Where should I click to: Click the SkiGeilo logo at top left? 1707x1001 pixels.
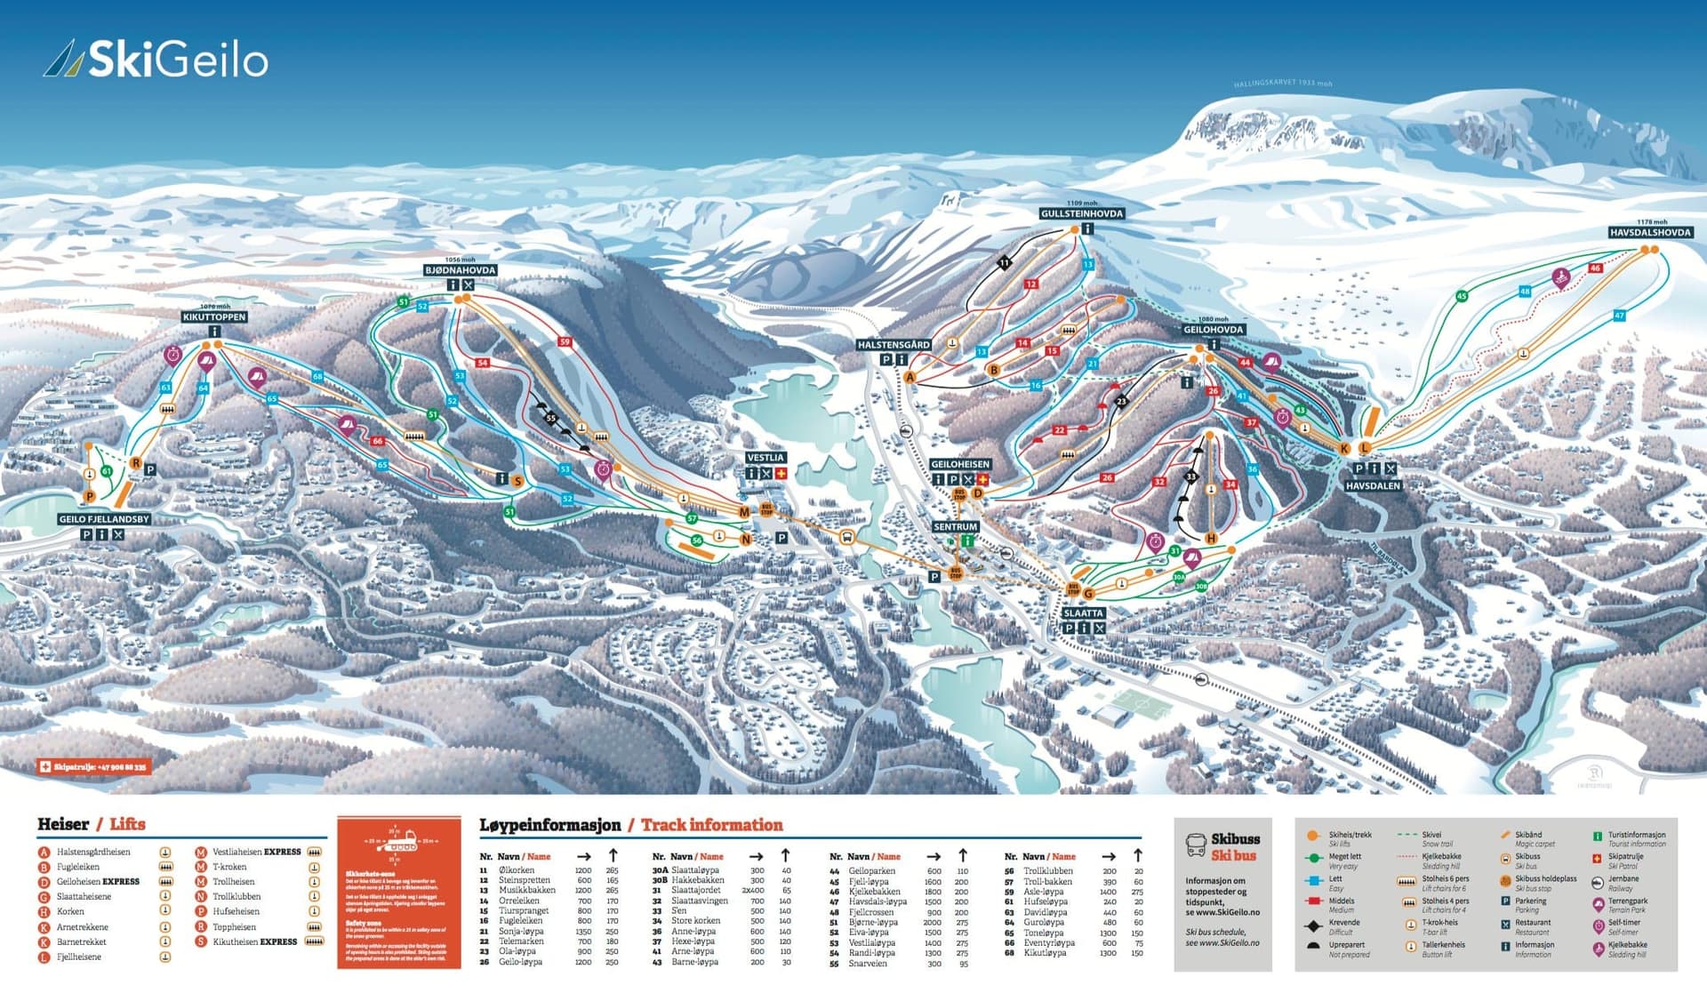pyautogui.click(x=156, y=60)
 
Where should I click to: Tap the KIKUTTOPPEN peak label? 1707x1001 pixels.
pyautogui.click(x=214, y=316)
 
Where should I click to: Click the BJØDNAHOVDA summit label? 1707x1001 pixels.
pyautogui.click(x=460, y=270)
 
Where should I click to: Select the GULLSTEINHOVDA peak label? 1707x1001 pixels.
pyautogui.click(x=1082, y=213)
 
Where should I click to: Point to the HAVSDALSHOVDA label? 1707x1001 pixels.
pyautogui.click(x=1649, y=232)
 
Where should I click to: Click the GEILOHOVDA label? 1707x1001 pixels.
pyautogui.click(x=1213, y=330)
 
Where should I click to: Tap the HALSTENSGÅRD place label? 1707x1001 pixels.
pyautogui.click(x=894, y=345)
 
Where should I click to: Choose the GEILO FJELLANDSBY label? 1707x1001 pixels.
pyautogui.click(x=104, y=519)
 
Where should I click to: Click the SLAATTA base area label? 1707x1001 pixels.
pyautogui.click(x=1083, y=613)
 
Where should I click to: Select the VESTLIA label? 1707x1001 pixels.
pyautogui.click(x=765, y=458)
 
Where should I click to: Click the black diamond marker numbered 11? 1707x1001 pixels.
pyautogui.click(x=1004, y=262)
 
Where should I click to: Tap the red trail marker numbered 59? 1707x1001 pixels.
pyautogui.click(x=565, y=341)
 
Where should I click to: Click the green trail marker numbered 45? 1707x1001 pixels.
pyautogui.click(x=1462, y=296)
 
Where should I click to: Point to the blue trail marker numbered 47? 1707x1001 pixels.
pyautogui.click(x=1619, y=316)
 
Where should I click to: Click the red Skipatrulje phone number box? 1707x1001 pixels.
pyautogui.click(x=94, y=766)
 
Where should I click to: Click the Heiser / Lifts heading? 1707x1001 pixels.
pyautogui.click(x=91, y=824)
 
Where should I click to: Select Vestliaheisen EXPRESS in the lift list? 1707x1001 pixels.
pyautogui.click(x=256, y=852)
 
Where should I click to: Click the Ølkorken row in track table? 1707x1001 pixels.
pyautogui.click(x=517, y=870)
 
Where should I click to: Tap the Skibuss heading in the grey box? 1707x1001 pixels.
pyautogui.click(x=1234, y=839)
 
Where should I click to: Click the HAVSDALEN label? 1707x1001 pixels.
pyautogui.click(x=1373, y=486)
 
